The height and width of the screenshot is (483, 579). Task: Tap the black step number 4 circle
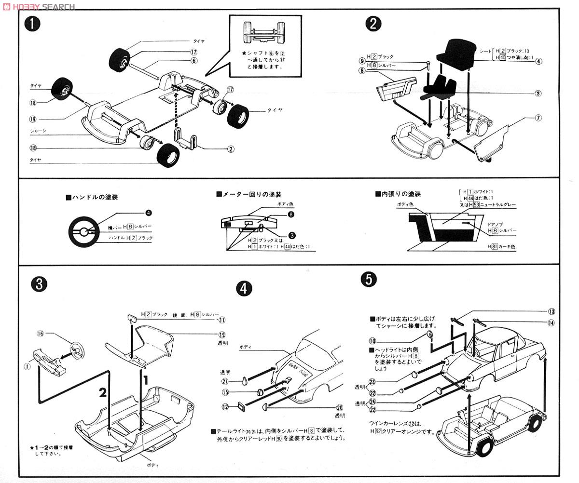[x=244, y=288]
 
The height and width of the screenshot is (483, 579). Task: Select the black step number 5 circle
[x=369, y=280]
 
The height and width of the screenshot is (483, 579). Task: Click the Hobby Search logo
[x=38, y=6]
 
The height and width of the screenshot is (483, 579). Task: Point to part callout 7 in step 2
[x=538, y=118]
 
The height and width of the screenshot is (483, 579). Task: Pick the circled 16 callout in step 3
[x=41, y=334]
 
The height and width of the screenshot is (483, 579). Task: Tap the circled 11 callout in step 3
[x=221, y=319]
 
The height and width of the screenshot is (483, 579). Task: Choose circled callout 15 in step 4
[x=225, y=393]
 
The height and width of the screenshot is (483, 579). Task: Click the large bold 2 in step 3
[x=102, y=392]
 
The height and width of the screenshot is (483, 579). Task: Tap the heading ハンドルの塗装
[x=92, y=197]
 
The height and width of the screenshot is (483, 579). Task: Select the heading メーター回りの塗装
[x=248, y=194]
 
